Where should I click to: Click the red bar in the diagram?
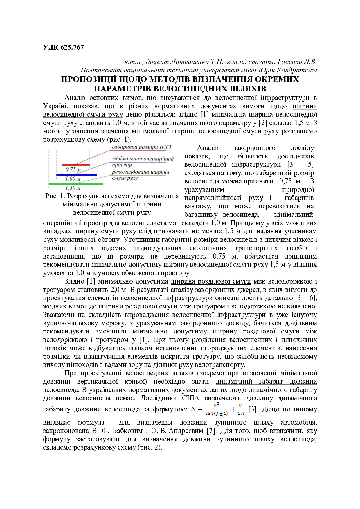76,165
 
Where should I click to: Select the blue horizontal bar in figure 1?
77,175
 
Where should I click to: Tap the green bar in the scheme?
76,184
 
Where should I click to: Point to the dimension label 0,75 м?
73,169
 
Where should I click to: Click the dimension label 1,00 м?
73,179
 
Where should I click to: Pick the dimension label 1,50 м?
73,188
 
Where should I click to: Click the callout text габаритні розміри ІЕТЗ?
141,147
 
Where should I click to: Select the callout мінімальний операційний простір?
143,162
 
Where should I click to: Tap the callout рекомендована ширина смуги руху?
141,175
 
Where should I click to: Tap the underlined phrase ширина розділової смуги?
211,281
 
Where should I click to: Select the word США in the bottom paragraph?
190,398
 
